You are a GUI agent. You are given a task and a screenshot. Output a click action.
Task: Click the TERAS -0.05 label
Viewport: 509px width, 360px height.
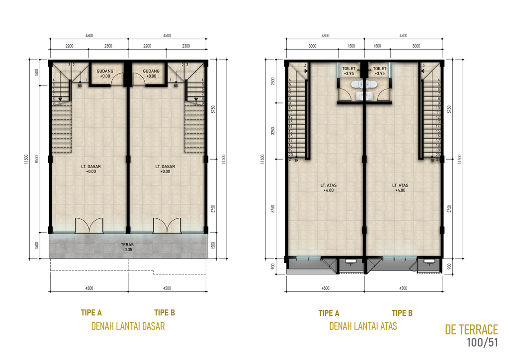click(x=128, y=247)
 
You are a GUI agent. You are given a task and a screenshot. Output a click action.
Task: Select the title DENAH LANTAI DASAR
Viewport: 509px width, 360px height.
click(x=128, y=327)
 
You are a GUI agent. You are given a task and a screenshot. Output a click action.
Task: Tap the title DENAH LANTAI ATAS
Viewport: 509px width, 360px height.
click(x=363, y=327)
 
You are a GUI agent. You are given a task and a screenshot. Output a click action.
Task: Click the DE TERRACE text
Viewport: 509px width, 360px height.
click(x=471, y=330)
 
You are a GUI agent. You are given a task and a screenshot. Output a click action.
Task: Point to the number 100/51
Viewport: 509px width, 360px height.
click(x=482, y=343)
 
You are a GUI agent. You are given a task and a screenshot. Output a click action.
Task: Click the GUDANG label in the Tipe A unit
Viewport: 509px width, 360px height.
click(x=105, y=71)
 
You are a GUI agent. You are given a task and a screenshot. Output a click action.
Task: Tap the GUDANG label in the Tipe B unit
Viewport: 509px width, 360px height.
click(x=151, y=71)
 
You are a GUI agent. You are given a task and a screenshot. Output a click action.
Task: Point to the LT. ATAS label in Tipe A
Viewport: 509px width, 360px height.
click(x=328, y=185)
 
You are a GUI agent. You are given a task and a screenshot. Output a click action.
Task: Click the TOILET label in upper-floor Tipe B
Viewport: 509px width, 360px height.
click(x=379, y=69)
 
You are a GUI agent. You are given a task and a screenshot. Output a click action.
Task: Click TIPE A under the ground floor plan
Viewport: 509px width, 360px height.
click(x=91, y=313)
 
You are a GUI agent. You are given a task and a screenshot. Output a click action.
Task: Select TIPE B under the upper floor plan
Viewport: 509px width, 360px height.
click(x=402, y=313)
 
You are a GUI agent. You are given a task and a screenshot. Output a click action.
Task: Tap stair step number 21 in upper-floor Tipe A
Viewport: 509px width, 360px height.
click(x=290, y=160)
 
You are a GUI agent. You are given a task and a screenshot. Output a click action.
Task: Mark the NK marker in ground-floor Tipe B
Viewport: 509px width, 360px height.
click(x=176, y=85)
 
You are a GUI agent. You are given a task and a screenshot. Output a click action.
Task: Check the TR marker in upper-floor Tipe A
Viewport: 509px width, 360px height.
click(x=296, y=161)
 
